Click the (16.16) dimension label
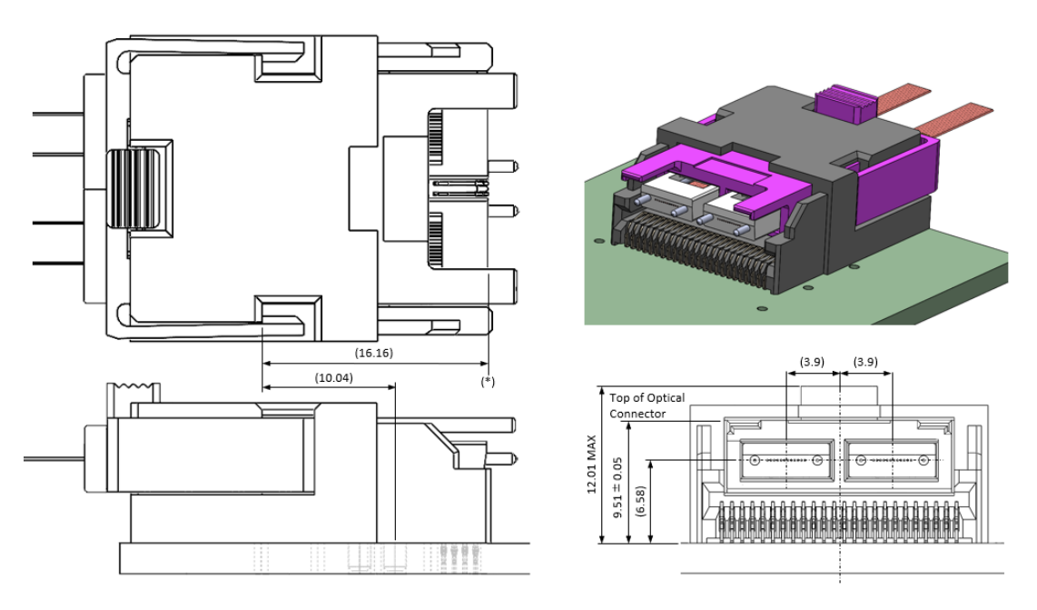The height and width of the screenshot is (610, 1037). coord(373,353)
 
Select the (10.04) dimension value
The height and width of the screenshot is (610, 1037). coord(334,377)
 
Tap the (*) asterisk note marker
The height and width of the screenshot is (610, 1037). coord(488,381)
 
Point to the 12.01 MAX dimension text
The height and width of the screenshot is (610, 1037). coord(591,464)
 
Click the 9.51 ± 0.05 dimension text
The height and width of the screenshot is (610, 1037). coord(617,487)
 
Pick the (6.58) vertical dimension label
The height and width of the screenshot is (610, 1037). coord(639,502)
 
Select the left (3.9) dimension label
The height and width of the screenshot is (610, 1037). coord(812,362)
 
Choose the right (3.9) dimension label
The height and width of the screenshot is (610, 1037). coord(865,362)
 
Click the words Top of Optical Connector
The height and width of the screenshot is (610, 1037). coord(647,405)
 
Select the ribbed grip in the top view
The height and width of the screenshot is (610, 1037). coord(134,188)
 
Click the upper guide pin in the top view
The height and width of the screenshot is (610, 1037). coord(503,166)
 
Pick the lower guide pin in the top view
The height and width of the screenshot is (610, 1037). coord(503,211)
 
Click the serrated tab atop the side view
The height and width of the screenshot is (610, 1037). coord(134,392)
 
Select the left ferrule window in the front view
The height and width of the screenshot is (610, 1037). coord(786,460)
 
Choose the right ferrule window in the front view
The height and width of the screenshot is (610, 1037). coord(892,460)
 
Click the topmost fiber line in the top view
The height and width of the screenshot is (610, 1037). coord(58,114)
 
